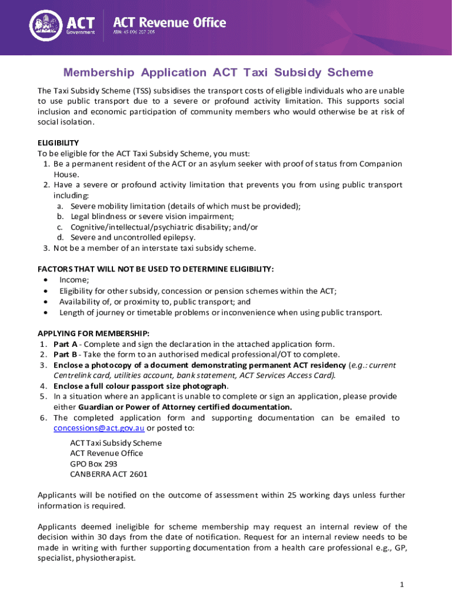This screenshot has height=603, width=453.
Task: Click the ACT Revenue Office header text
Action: [169, 22]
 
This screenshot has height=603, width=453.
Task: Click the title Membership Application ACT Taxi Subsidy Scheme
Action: [218, 72]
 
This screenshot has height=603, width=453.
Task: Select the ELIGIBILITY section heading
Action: [58, 143]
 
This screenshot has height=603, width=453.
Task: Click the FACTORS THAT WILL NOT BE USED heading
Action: [156, 269]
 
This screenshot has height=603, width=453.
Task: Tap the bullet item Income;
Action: [74, 280]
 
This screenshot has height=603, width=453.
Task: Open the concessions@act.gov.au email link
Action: [99, 428]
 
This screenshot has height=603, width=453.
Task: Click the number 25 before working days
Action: [292, 495]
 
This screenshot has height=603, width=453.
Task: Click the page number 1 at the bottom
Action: [400, 585]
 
